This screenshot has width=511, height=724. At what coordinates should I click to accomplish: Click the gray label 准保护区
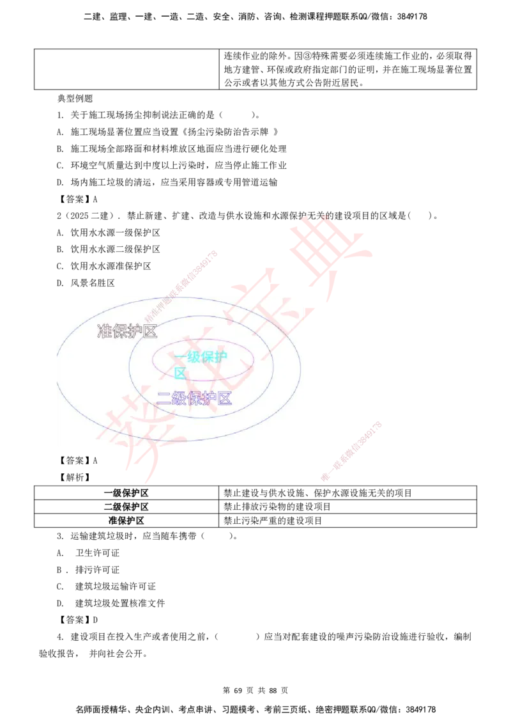pyautogui.click(x=126, y=331)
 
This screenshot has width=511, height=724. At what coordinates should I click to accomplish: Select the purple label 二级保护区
pyautogui.click(x=194, y=399)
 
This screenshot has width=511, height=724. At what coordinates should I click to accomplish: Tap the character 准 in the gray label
pyautogui.click(x=104, y=331)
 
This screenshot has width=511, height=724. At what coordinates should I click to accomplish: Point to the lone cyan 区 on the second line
pyautogui.click(x=180, y=373)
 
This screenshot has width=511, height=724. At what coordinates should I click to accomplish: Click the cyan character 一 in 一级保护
pyautogui.click(x=180, y=357)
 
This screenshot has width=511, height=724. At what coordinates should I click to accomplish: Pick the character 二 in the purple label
pyautogui.click(x=164, y=399)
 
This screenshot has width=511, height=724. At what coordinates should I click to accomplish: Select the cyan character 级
pyautogui.click(x=194, y=357)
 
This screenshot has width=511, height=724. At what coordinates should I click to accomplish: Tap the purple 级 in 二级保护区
pyautogui.click(x=178, y=399)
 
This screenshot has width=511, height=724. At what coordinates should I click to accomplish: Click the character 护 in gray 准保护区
pyautogui.click(x=135, y=331)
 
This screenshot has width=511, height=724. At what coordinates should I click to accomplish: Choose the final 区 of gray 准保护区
pyautogui.click(x=149, y=331)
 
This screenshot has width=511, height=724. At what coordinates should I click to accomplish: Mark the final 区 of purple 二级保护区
pyautogui.click(x=224, y=399)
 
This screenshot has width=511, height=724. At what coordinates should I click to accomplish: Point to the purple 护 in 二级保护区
pyautogui.click(x=208, y=399)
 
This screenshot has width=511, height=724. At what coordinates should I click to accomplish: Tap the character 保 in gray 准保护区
pyautogui.click(x=119, y=331)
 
